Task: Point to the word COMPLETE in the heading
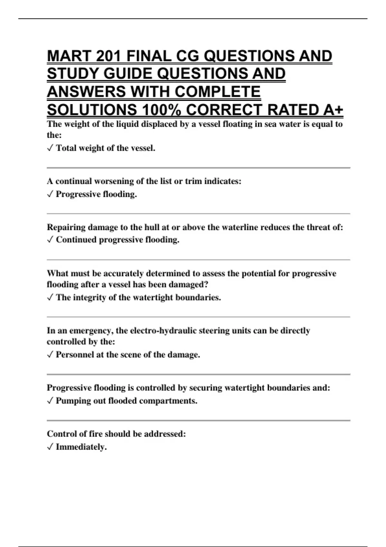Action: tap(218, 92)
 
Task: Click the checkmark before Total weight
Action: tap(50, 148)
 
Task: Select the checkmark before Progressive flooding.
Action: tap(50, 194)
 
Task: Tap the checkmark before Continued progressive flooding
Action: tap(50, 240)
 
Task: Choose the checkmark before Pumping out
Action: tap(50, 401)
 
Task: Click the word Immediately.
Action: tap(81, 447)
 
